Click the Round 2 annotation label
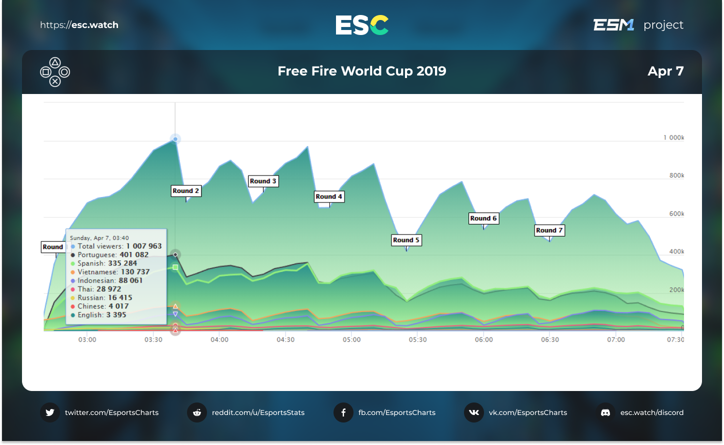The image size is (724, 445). point(186,191)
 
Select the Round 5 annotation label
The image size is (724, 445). point(406,240)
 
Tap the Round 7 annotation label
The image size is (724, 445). point(549,230)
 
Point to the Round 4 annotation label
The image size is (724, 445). point(329,196)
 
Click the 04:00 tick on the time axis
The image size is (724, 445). point(219,339)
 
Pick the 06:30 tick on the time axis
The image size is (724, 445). point(550,339)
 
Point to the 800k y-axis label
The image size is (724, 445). point(676,175)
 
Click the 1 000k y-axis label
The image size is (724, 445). point(673,137)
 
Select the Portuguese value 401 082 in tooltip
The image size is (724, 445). point(134,254)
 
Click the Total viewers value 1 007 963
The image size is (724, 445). point(144,246)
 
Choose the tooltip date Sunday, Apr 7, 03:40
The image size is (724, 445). point(99,238)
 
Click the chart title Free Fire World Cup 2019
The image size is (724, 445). point(362,71)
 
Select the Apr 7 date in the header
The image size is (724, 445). point(665,71)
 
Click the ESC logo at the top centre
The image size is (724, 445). point(362,25)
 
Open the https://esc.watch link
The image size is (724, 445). point(79,25)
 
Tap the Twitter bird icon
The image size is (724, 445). point(50,412)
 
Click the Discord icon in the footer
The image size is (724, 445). point(605,412)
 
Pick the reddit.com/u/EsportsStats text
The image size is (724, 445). point(258,412)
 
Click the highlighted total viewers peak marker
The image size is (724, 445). point(175,139)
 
